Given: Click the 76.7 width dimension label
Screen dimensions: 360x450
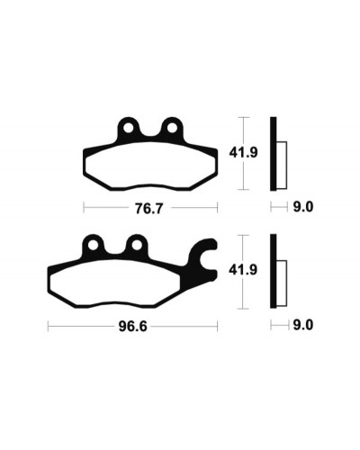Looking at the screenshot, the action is (149, 208).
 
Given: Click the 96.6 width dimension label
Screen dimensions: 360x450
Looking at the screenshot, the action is (133, 327).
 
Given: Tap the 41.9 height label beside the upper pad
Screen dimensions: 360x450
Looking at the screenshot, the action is (243, 153).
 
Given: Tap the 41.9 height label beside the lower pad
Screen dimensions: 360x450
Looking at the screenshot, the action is (243, 270).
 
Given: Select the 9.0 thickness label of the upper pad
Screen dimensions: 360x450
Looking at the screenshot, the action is (303, 207).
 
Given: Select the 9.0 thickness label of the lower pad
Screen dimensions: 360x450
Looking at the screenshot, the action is (303, 325).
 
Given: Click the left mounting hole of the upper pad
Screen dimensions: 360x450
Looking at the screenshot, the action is (129, 128).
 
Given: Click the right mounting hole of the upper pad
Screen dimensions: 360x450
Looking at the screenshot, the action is (172, 128).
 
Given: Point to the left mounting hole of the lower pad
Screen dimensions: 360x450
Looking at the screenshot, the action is (93, 246).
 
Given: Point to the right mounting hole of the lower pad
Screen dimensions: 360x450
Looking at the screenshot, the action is (137, 246).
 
